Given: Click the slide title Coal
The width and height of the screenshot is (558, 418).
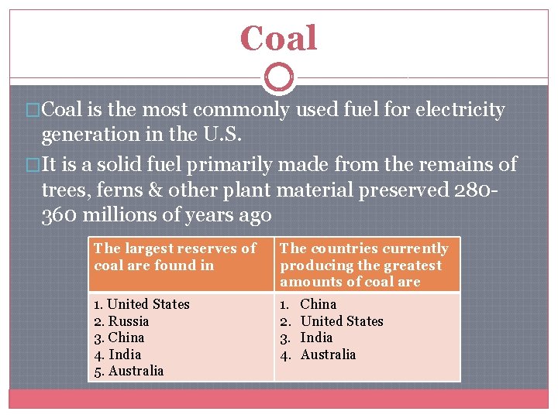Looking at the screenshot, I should tap(278, 38).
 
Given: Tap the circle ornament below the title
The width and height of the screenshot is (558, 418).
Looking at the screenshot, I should tap(278, 78).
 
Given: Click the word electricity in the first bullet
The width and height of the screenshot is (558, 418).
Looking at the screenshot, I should tap(460, 110).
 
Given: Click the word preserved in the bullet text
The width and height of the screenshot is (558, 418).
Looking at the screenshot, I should tap(412, 190).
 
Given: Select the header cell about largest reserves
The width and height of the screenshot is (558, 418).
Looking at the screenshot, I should tap(181, 257).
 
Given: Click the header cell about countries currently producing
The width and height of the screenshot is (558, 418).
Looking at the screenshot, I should tap(367, 265).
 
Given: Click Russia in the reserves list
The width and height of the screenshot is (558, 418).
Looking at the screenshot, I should tap(129, 321).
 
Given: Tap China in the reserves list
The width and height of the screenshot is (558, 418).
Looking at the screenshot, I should tap(126, 337).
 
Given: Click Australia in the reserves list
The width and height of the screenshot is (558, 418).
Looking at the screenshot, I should tap(136, 371).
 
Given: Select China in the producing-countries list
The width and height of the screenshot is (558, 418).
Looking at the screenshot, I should tap(319, 304).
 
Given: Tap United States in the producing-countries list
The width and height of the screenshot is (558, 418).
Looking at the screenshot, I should tap(342, 321).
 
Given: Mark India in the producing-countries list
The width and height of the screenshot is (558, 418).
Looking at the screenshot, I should tap(316, 337).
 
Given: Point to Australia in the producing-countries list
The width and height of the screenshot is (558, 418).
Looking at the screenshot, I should tap(328, 355).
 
